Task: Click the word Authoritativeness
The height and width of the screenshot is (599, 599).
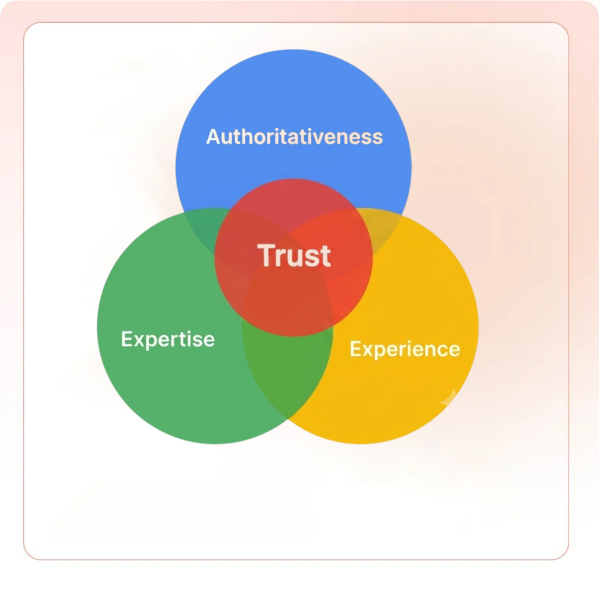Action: (294, 137)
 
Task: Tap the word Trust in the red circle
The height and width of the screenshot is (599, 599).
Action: (294, 255)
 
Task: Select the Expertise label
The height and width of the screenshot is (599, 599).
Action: (168, 339)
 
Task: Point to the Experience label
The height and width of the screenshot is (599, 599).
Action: (405, 349)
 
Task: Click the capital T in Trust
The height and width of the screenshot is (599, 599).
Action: (266, 255)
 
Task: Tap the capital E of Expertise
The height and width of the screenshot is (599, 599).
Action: (127, 339)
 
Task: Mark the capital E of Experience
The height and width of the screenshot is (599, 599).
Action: (355, 349)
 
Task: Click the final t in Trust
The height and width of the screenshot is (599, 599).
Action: (325, 256)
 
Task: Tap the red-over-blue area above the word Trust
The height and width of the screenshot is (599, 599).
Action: (294, 206)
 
